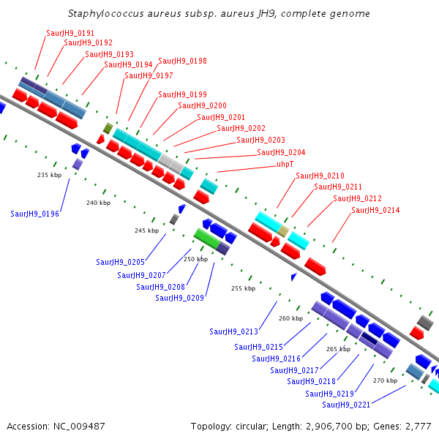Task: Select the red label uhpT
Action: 285,164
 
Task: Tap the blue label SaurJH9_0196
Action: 35,214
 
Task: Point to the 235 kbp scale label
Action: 50,175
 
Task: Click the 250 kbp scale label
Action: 195,259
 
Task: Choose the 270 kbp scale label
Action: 385,380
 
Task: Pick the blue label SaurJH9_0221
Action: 346,405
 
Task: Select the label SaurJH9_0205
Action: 120,261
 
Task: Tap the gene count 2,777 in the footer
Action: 418,426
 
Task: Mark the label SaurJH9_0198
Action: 182,61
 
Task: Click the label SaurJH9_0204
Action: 281,152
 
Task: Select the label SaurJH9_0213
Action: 233,331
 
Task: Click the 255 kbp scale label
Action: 243,288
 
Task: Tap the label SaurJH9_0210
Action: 320,176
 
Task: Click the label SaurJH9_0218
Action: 311,381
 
